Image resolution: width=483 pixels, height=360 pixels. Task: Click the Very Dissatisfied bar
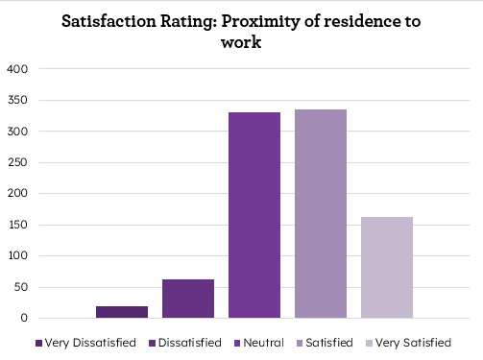[x=122, y=312]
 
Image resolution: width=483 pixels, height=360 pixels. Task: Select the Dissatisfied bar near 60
[x=188, y=299]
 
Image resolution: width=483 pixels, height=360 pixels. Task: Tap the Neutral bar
[x=254, y=215]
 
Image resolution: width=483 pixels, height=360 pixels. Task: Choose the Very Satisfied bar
[x=387, y=267]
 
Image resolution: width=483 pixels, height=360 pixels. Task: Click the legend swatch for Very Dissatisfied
[x=38, y=343]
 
